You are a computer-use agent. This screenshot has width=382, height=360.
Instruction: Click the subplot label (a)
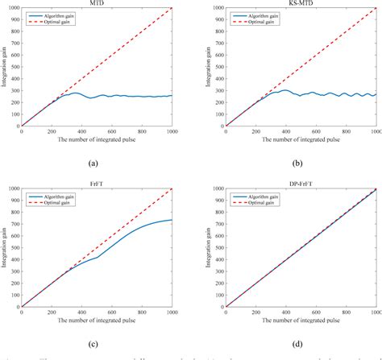(98, 161)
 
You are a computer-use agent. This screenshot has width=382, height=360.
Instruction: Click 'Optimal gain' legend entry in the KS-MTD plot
(265, 20)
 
